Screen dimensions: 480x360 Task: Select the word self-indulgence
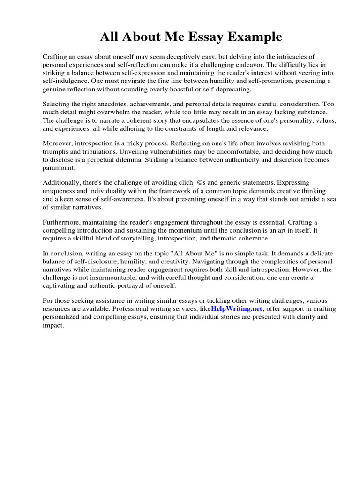click(x=65, y=81)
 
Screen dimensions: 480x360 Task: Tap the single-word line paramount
click(x=59, y=167)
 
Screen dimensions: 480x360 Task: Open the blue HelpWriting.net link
click(x=237, y=309)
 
